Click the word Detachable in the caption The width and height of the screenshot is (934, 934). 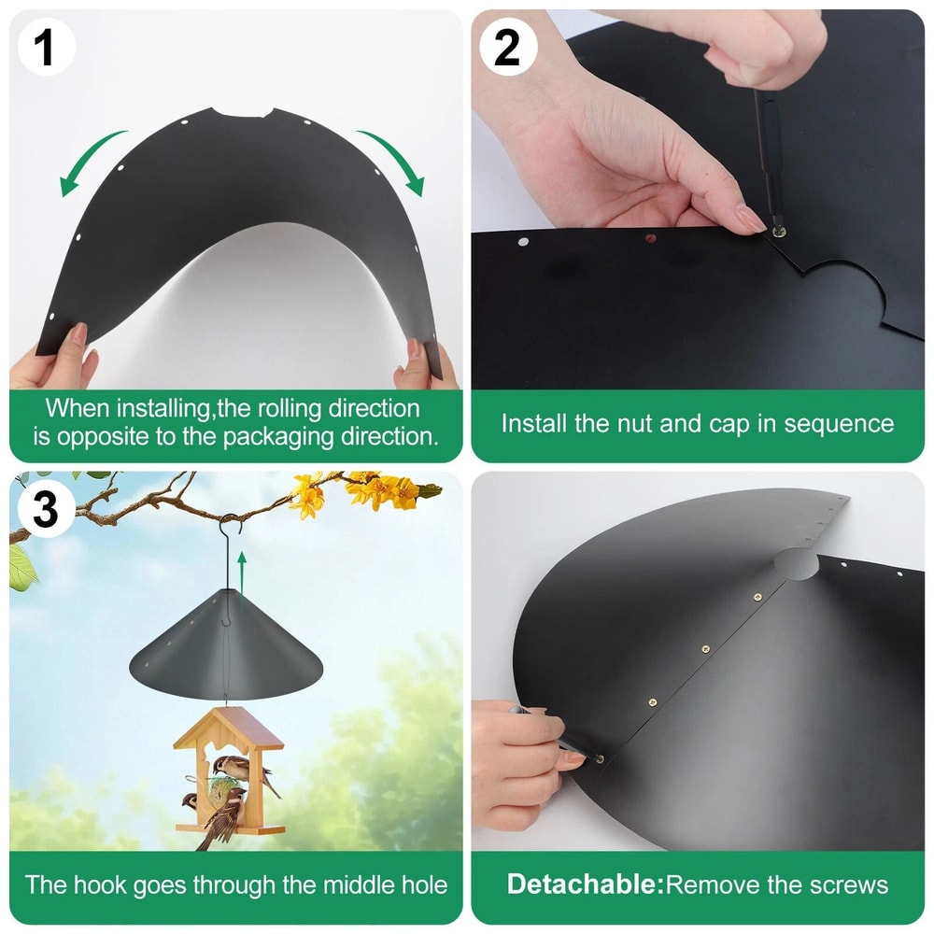(585, 884)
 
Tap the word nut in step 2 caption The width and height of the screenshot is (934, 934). (641, 423)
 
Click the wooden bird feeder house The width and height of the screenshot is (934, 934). (229, 771)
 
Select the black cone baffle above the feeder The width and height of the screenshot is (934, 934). (224, 644)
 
